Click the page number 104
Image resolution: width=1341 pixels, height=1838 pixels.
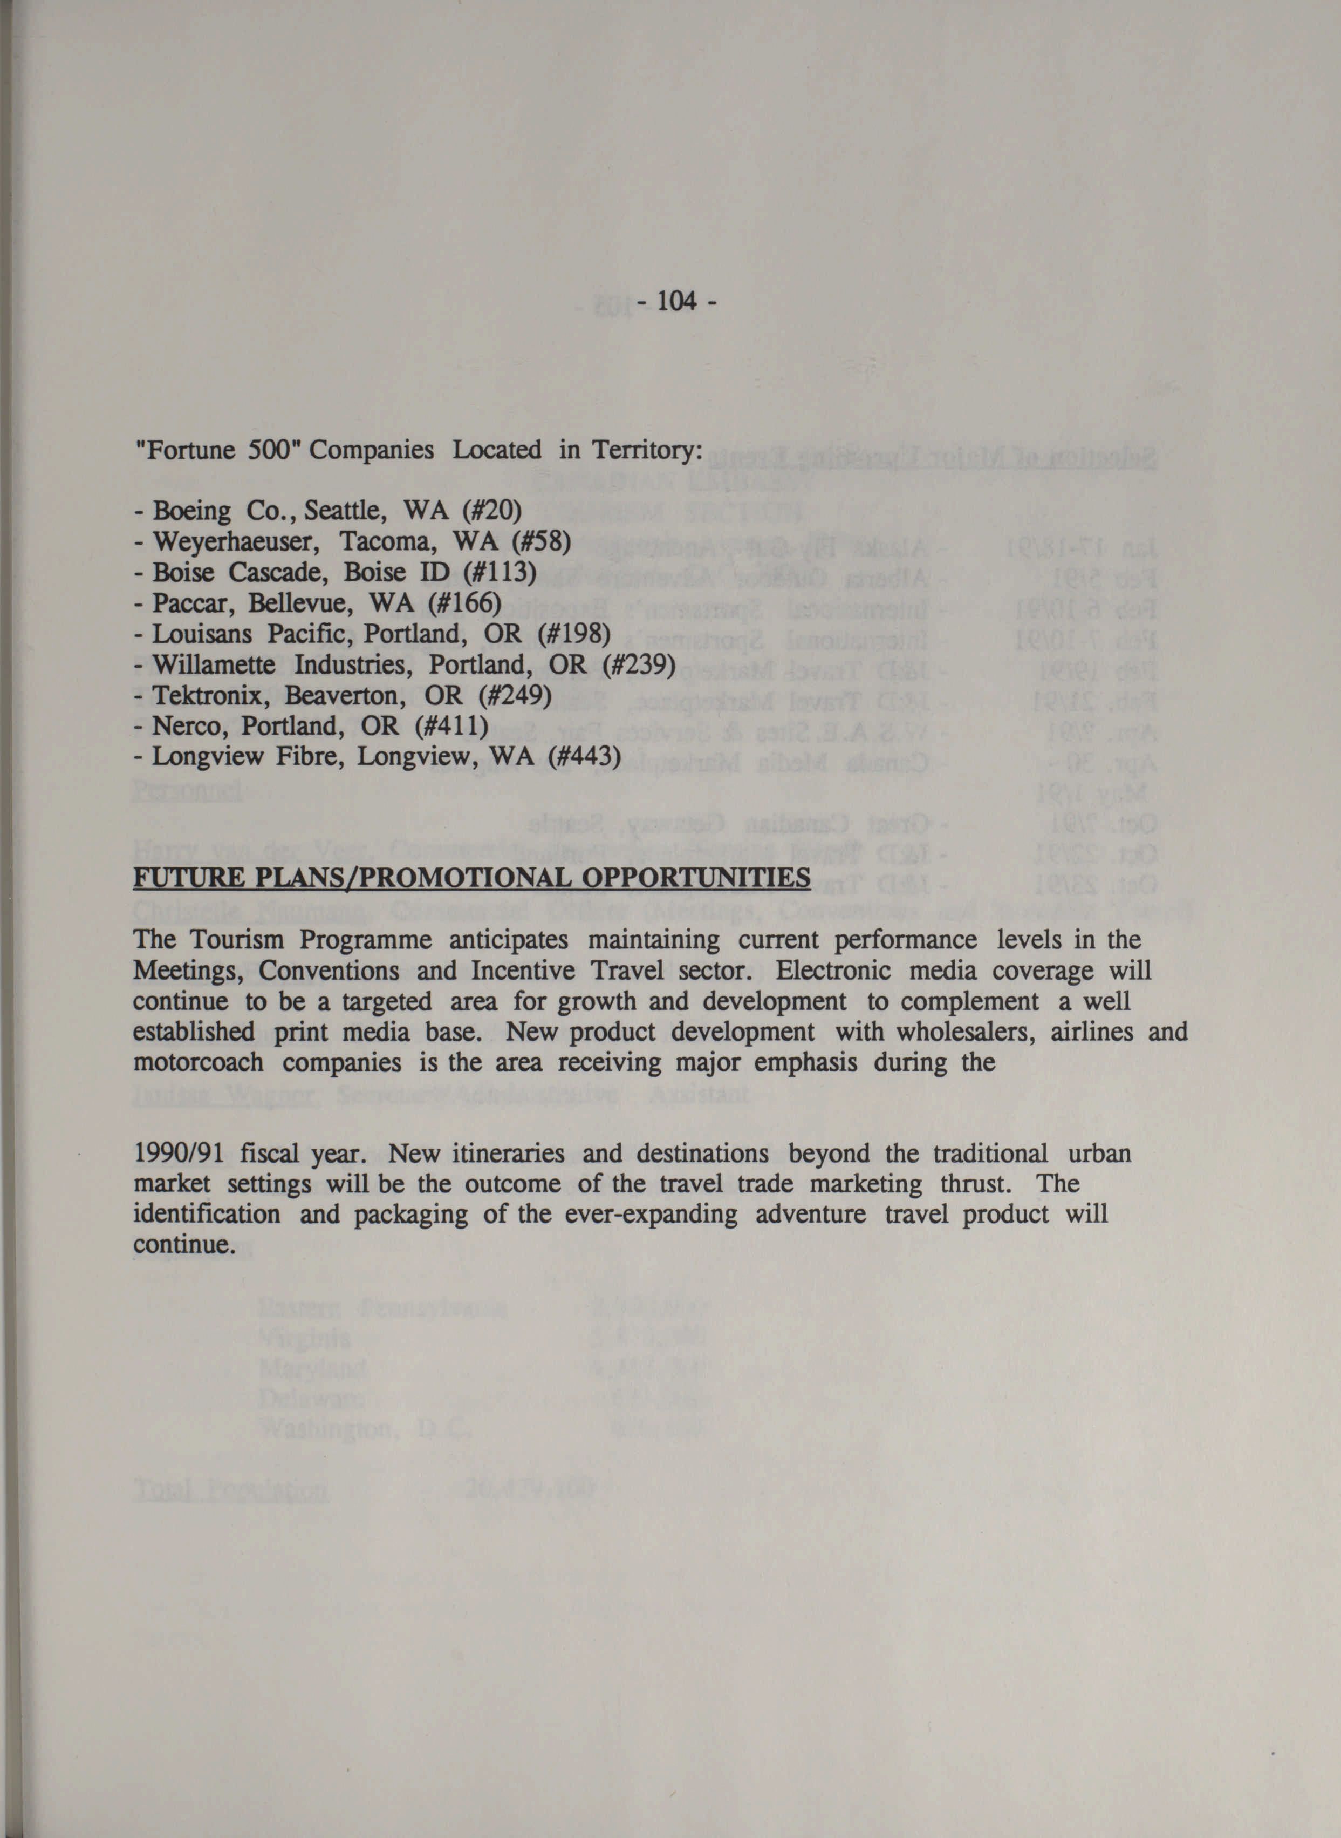pos(675,302)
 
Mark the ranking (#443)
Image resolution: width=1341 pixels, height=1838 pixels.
pos(584,756)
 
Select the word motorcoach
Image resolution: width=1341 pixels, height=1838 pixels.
pos(198,1062)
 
